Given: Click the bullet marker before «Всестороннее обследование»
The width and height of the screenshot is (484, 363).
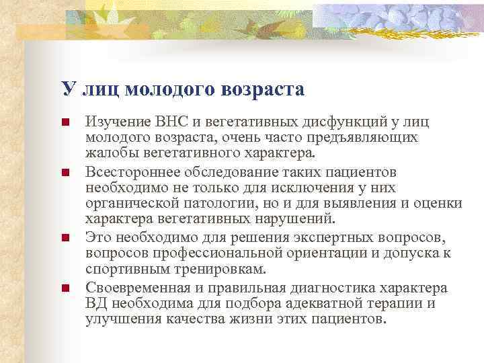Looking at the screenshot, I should pos(65,173).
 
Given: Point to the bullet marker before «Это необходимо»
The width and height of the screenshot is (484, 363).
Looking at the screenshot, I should pos(65,238).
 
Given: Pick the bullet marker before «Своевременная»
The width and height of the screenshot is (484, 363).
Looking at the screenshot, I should pos(65,288).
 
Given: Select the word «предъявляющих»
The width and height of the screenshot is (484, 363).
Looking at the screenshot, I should pos(366,137).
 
